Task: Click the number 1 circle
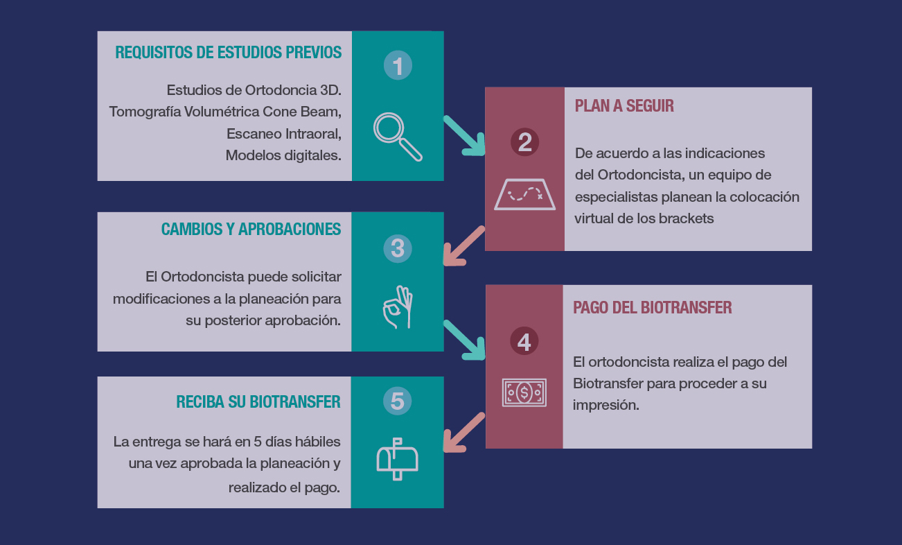pos(398,66)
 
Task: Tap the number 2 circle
pos(524,142)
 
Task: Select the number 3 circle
pos(398,249)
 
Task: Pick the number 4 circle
pos(524,342)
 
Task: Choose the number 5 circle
pos(398,401)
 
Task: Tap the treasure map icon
pos(524,194)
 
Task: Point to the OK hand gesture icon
pos(398,308)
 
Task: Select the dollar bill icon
pos(524,392)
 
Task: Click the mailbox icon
pos(397,458)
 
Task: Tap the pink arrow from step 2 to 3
pos(463,245)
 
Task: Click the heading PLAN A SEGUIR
pos(624,106)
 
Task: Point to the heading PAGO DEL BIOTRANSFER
pos(652,308)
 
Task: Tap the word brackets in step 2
pos(686,218)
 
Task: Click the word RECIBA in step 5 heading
pos(200,401)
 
